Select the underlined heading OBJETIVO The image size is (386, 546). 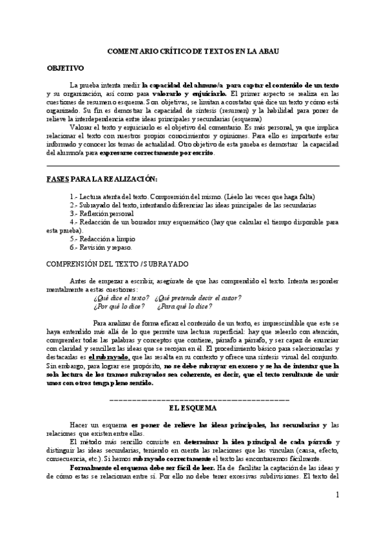[66, 68]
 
